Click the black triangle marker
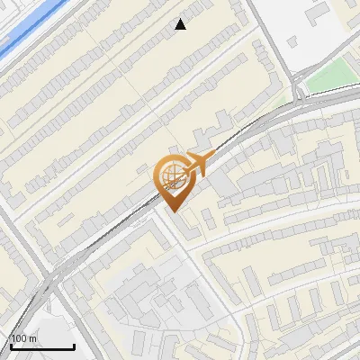pos(181,24)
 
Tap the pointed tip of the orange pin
pos(174,210)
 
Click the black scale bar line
pos(41,347)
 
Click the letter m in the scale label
pos(33,338)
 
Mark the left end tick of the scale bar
pos(10,345)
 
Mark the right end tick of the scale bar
pos(74,345)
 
